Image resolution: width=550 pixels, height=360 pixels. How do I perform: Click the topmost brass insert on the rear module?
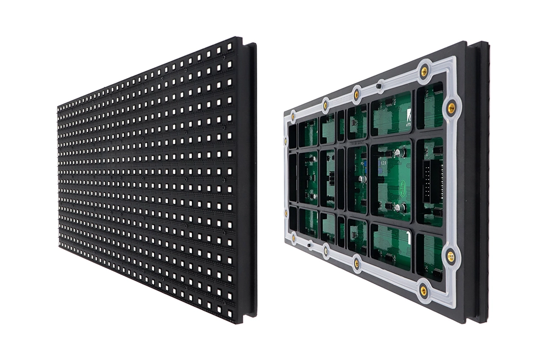tap(424, 71)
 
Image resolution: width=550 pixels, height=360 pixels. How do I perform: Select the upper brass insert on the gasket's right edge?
tap(451, 108)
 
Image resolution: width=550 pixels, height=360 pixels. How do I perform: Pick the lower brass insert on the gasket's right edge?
tap(450, 256)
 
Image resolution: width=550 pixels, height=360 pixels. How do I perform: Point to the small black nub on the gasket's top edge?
tap(379, 86)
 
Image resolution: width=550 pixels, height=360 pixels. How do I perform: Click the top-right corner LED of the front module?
tap(228, 48)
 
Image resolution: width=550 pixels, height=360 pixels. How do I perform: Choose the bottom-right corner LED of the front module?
tap(228, 311)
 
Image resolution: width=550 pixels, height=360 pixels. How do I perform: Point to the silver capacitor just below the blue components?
tap(362, 179)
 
